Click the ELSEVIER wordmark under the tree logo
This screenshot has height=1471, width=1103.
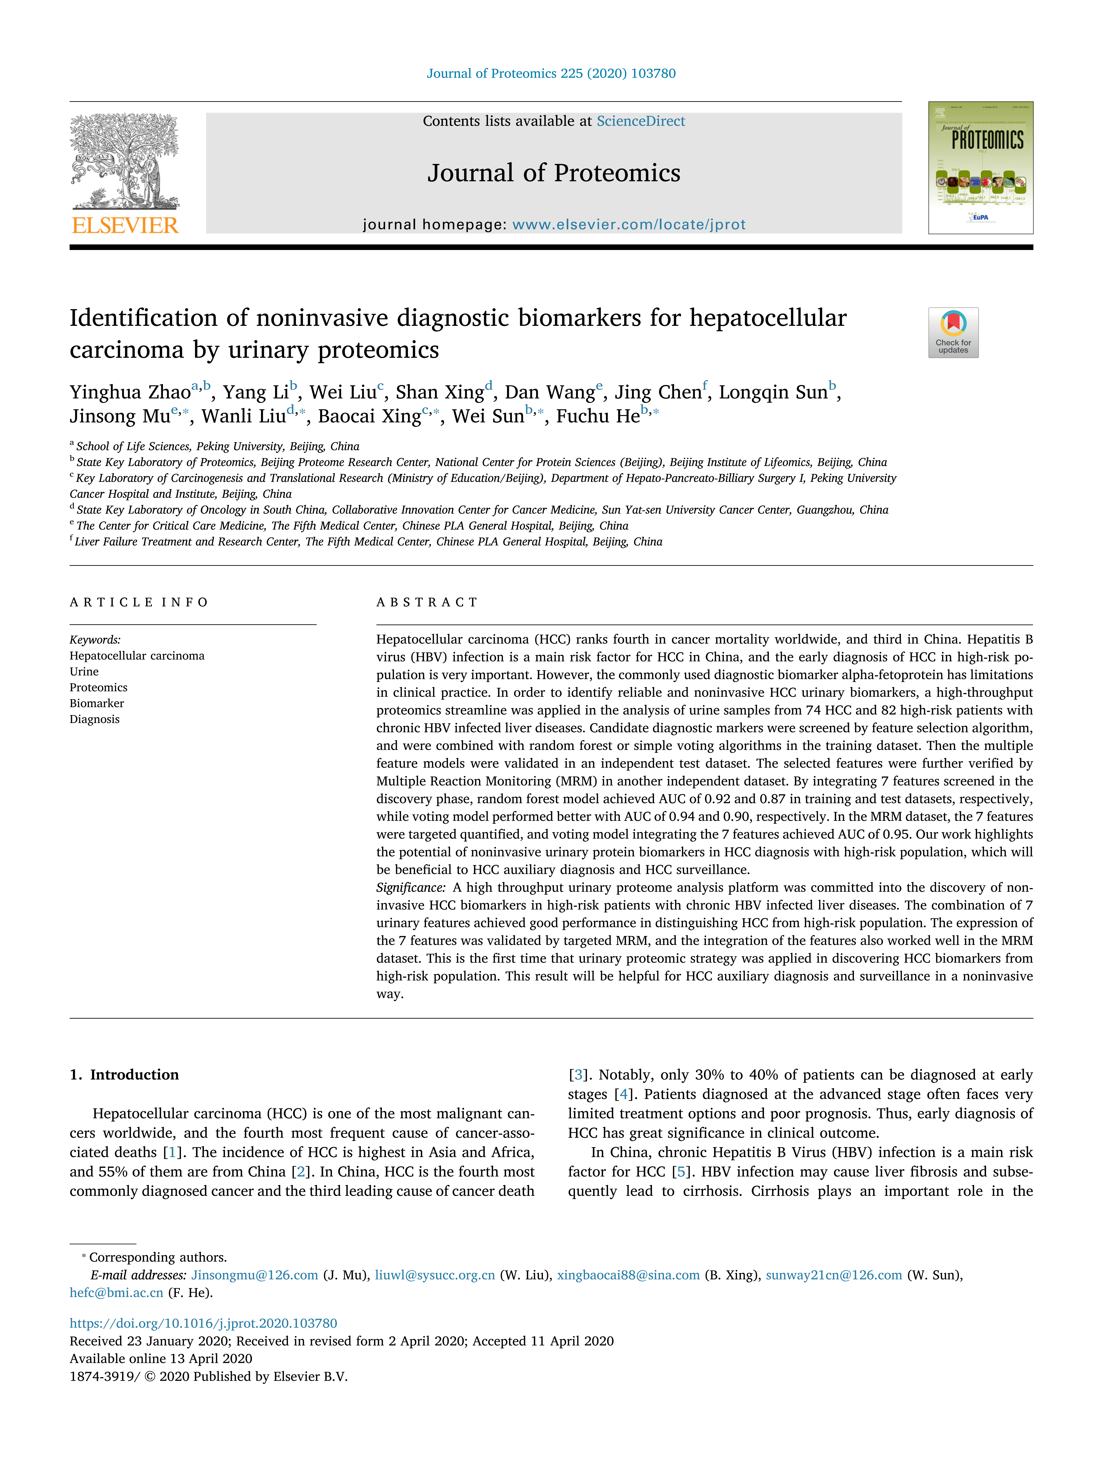(125, 226)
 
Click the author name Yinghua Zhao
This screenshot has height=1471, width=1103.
(130, 392)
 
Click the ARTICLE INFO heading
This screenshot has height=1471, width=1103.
(139, 603)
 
